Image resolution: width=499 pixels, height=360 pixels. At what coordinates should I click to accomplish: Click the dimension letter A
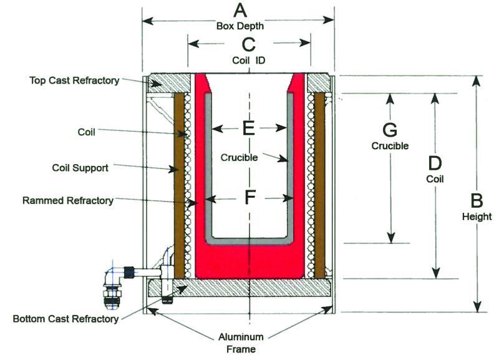pos(240,11)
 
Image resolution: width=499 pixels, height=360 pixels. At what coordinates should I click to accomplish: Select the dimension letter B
pos(477,201)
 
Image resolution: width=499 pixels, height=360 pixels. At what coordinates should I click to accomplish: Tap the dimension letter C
pos(248,44)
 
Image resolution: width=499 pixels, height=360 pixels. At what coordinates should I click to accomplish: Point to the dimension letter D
pos(435,163)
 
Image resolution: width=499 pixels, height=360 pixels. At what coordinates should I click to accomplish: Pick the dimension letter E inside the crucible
pos(248,129)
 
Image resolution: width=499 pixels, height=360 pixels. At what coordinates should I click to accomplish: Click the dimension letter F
pos(249,198)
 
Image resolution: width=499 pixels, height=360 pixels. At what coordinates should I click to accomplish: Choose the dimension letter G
pos(390,130)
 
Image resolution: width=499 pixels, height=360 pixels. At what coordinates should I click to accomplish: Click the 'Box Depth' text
pos(240,26)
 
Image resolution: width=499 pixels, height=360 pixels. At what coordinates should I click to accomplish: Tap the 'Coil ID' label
pos(249,60)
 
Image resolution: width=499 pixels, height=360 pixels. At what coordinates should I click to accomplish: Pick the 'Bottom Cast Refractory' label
pos(65,319)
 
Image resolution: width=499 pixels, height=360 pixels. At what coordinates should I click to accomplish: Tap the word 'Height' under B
pos(477,216)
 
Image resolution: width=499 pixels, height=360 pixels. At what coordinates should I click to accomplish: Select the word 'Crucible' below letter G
pos(390,146)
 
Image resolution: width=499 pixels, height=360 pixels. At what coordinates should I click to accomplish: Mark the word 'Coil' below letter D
pos(435,178)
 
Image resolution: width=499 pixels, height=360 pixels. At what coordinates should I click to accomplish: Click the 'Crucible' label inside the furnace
pos(238,158)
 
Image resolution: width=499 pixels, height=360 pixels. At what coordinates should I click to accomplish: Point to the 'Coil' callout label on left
pos(85,132)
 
